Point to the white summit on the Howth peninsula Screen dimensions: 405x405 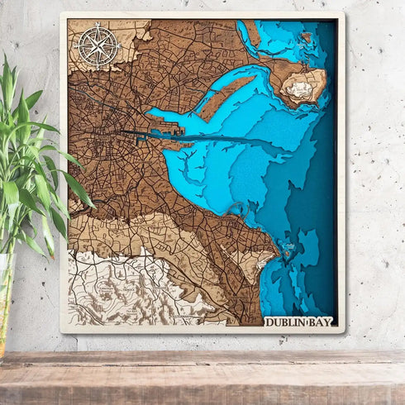pyautogui.click(x=300, y=86)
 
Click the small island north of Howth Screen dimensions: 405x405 pyautogui.click(x=306, y=37)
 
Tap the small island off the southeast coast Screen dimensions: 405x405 pyautogui.click(x=288, y=247)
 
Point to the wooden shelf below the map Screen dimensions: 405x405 pyautogui.click(x=202, y=376)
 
